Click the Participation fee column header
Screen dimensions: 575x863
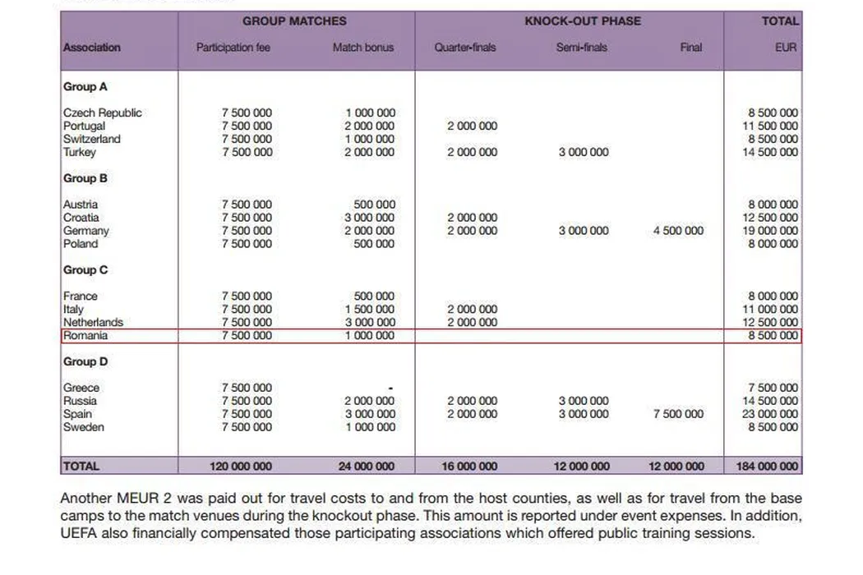click(x=233, y=48)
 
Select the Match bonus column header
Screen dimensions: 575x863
click(x=362, y=48)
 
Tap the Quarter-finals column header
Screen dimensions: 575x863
click(x=465, y=48)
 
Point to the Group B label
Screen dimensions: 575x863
click(x=85, y=178)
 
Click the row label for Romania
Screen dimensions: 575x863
click(x=85, y=336)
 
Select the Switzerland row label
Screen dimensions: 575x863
click(x=91, y=139)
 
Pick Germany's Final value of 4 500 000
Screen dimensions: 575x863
click(x=678, y=231)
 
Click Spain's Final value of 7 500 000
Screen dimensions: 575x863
click(x=678, y=414)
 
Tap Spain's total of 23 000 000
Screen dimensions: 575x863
click(x=770, y=414)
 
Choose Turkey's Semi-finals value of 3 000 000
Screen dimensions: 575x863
click(x=584, y=152)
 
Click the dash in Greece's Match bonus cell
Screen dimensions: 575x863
click(x=390, y=388)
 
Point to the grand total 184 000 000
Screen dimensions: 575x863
click(x=765, y=467)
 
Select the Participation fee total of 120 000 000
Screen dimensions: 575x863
click(x=241, y=467)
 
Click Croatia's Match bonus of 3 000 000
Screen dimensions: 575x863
click(x=369, y=218)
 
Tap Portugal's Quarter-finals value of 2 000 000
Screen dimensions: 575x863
click(x=472, y=126)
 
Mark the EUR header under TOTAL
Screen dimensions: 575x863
click(x=786, y=48)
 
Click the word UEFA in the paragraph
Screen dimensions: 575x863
click(x=79, y=533)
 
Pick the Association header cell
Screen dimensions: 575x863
click(x=92, y=48)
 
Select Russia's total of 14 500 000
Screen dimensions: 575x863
click(x=770, y=401)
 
